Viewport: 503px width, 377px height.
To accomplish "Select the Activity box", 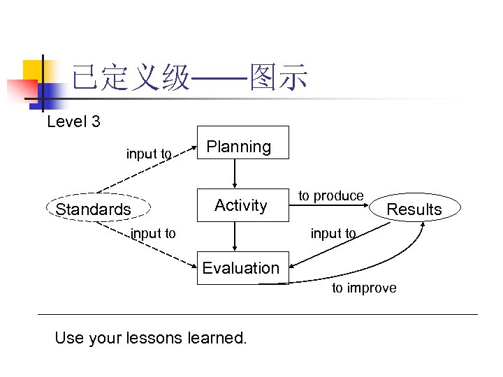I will coord(242,205).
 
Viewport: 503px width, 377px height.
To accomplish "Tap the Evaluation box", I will coord(242,268).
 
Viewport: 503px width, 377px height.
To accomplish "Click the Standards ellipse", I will coord(93,209).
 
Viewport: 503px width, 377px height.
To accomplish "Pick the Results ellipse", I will coord(414,209).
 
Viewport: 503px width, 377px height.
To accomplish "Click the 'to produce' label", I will coord(331,196).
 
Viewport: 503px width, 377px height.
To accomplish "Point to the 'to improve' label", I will coord(364,288).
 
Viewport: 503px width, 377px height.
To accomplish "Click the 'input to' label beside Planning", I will coord(149,154).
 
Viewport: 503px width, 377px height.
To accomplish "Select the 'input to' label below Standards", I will coord(154,234).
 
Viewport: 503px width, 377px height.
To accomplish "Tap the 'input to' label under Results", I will coord(333,234).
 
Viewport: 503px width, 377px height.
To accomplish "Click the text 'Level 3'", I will coord(73,122).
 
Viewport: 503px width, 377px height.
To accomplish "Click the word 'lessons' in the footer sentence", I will coord(157,339).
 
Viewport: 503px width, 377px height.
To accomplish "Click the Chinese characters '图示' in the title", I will coord(279,79).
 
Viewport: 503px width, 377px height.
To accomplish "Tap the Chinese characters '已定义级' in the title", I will coord(131,79).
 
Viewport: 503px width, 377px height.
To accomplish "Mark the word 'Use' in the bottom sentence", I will coord(68,339).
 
